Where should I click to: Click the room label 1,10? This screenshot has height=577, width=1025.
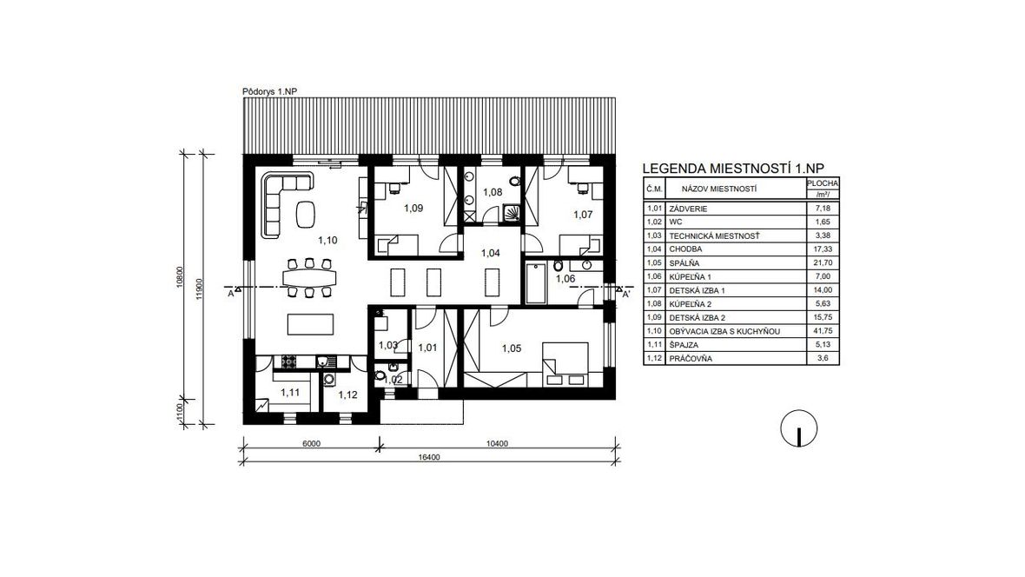[x=327, y=240]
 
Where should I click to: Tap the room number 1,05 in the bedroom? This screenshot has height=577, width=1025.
[x=512, y=348]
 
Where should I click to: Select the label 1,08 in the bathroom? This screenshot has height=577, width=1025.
[x=493, y=192]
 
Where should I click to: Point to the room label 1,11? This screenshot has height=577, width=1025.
[x=290, y=393]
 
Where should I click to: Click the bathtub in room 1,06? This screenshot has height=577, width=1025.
[x=536, y=283]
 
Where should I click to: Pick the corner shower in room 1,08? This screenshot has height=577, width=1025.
[x=513, y=210]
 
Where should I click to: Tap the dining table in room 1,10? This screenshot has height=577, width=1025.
[x=309, y=278]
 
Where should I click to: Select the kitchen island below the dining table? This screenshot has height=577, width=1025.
[x=310, y=324]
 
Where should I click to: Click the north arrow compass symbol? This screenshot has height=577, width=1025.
[x=799, y=428]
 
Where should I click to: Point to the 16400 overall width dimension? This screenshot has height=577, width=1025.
[x=428, y=457]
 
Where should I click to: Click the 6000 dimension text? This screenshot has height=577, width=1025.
[x=311, y=443]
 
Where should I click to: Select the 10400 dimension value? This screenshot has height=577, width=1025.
[x=497, y=443]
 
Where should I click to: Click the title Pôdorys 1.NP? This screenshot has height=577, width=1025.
[x=269, y=91]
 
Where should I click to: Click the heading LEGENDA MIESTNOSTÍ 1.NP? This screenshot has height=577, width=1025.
[x=733, y=168]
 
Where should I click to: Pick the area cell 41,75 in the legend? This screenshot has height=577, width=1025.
[x=823, y=332]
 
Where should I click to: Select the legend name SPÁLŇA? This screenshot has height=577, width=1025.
[x=684, y=263]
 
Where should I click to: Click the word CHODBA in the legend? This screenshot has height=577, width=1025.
[x=685, y=249]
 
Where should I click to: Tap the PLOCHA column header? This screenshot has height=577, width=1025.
[x=823, y=184]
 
